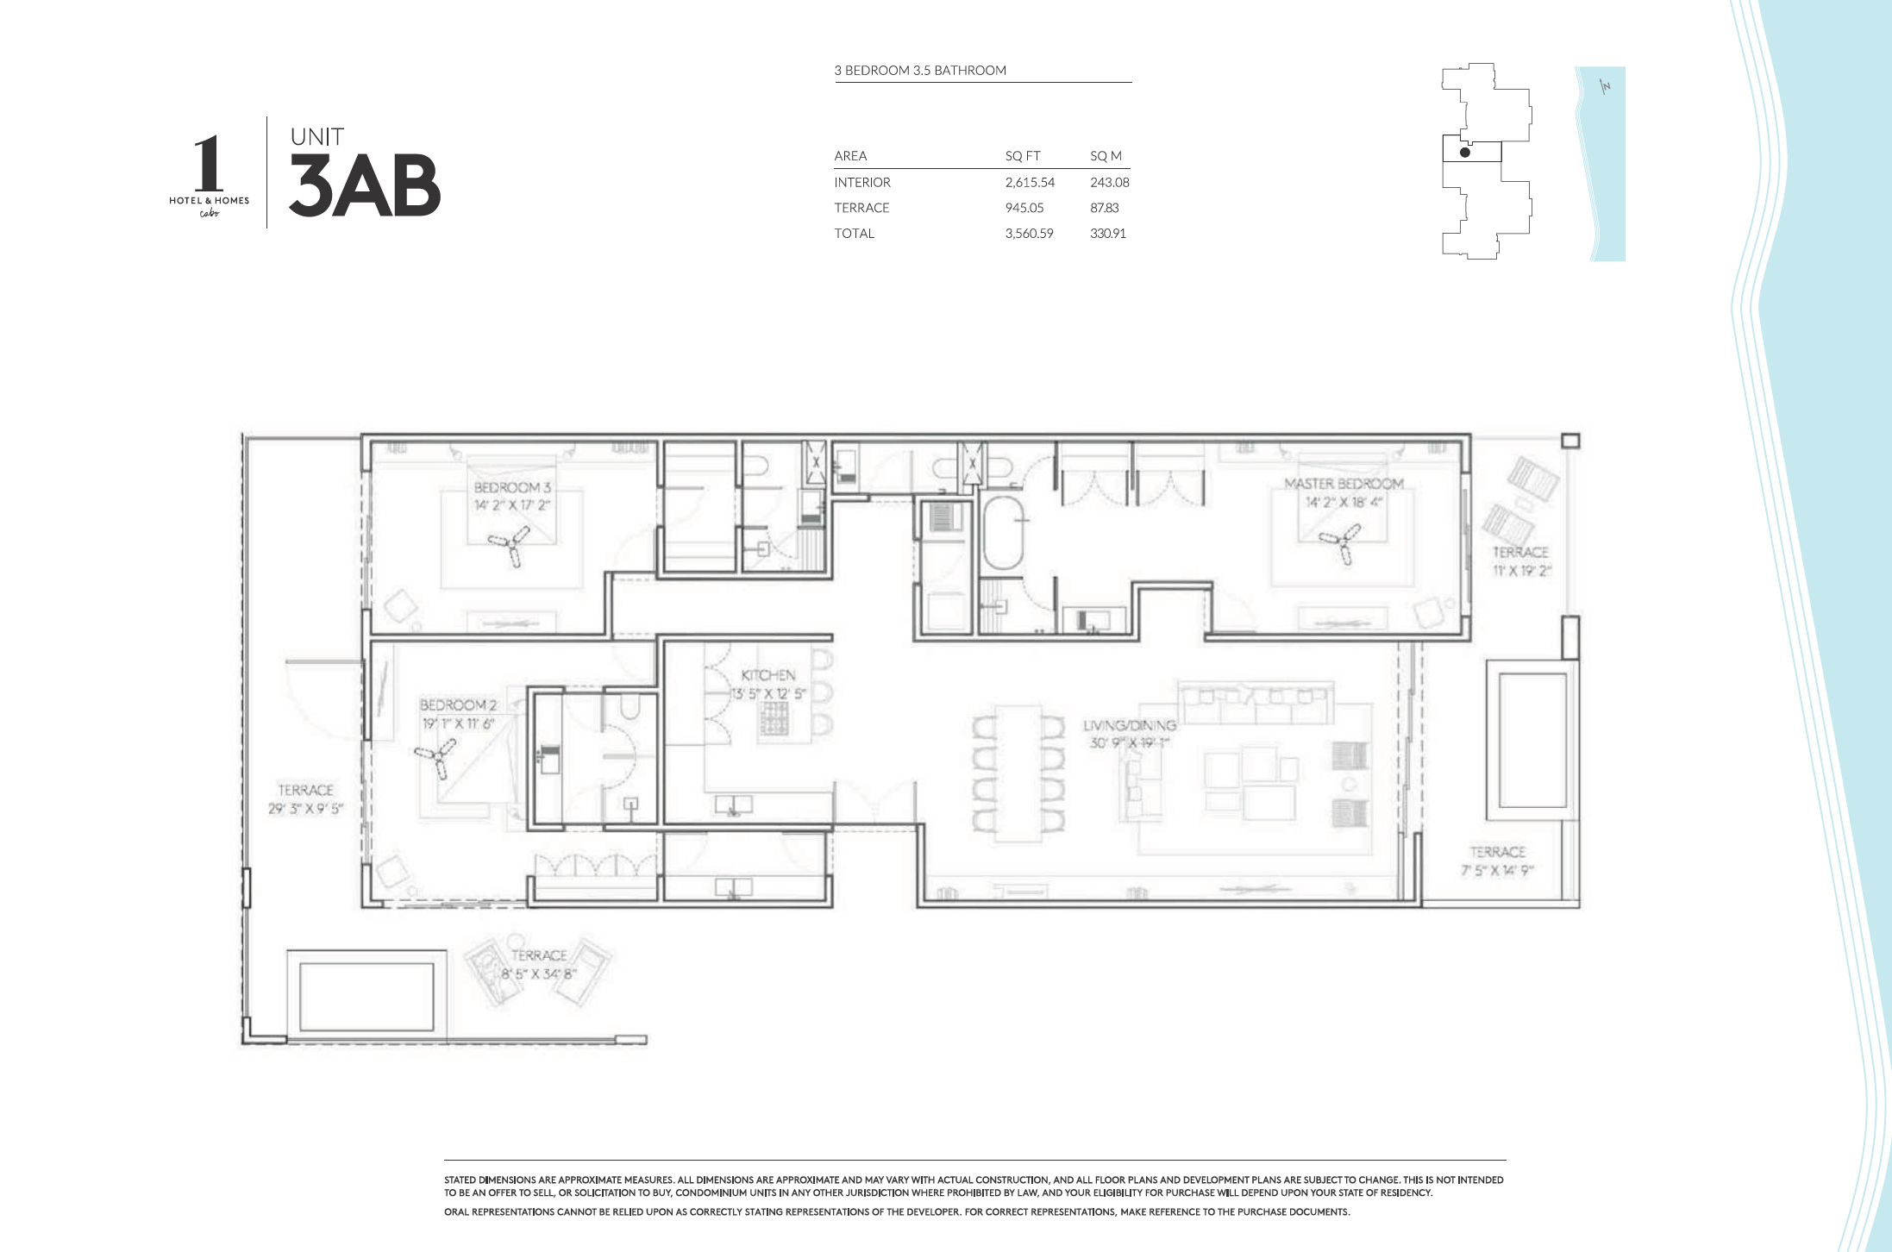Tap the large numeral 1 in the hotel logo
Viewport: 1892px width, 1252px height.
pos(208,165)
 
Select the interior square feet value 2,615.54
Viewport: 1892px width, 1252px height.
pos(1029,183)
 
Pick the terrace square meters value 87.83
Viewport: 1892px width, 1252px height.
pos(1104,208)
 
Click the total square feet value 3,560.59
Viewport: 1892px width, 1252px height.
pos(1029,234)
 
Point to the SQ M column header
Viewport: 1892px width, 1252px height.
pos(1105,156)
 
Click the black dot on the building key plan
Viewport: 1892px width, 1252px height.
pos(1464,153)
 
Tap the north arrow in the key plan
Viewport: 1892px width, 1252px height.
pos(1605,86)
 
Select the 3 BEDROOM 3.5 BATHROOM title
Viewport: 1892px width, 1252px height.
pos(919,71)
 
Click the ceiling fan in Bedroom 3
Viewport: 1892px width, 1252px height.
pos(510,545)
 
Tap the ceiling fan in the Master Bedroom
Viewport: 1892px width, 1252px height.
pos(1341,541)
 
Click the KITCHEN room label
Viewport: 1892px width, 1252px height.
pos(767,675)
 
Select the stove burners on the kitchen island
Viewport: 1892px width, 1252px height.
pos(774,718)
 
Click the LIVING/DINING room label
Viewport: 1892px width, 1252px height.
pos(1129,725)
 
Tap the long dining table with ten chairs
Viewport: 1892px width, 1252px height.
pos(1018,773)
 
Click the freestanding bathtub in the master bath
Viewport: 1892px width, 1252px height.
pos(1003,532)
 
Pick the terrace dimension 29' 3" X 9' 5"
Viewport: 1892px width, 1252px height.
pos(305,808)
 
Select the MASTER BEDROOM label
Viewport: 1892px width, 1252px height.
pos(1343,484)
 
